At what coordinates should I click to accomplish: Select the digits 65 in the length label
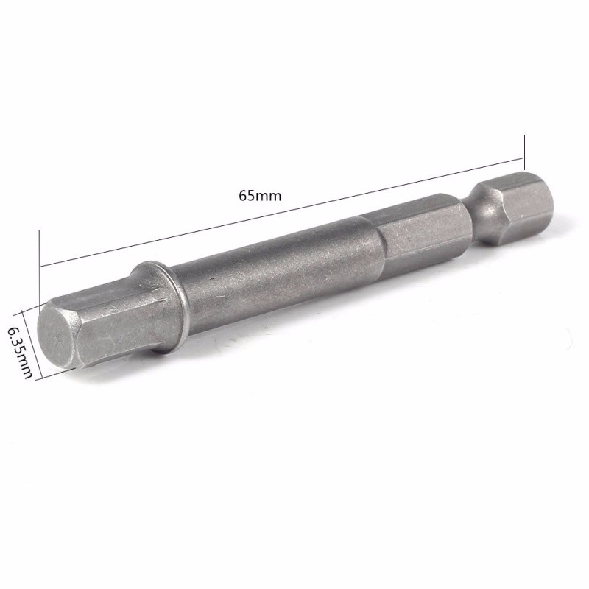[244, 195]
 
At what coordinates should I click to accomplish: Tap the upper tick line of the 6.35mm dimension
[29, 307]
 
